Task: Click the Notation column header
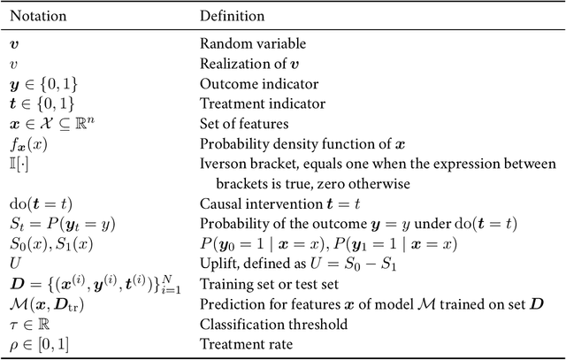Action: tap(41, 16)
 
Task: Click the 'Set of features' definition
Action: tap(241, 123)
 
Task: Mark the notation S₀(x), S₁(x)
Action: tap(47, 244)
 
